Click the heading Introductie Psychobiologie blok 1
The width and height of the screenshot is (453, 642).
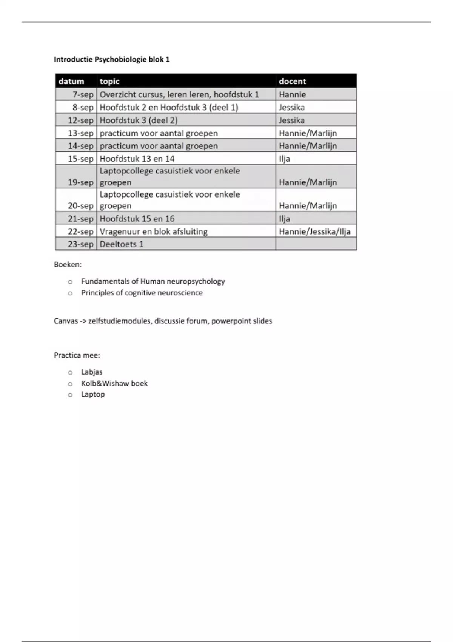(112, 59)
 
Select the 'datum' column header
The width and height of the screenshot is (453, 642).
(71, 81)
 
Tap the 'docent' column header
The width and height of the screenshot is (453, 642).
(292, 81)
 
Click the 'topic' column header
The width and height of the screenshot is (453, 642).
(109, 81)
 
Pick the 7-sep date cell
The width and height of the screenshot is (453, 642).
(83, 94)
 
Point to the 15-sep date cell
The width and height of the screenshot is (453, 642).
(80, 159)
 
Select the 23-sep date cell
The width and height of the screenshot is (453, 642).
(80, 244)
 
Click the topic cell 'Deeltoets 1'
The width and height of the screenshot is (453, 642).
(122, 244)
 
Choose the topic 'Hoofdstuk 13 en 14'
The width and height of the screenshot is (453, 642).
(137, 159)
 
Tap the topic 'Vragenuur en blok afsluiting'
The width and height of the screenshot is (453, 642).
(154, 231)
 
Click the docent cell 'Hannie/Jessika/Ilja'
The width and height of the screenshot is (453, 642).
(314, 231)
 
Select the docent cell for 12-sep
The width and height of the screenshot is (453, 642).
(292, 120)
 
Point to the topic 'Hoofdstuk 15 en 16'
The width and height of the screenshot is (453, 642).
(137, 219)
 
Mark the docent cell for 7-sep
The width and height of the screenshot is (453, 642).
(293, 94)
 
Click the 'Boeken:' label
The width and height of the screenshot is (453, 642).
(68, 264)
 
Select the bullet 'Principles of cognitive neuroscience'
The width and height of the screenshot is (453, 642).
(142, 293)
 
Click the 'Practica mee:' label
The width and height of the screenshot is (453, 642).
(77, 355)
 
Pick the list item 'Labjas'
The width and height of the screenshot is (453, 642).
(92, 372)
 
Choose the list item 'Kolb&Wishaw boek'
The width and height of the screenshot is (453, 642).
(114, 383)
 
